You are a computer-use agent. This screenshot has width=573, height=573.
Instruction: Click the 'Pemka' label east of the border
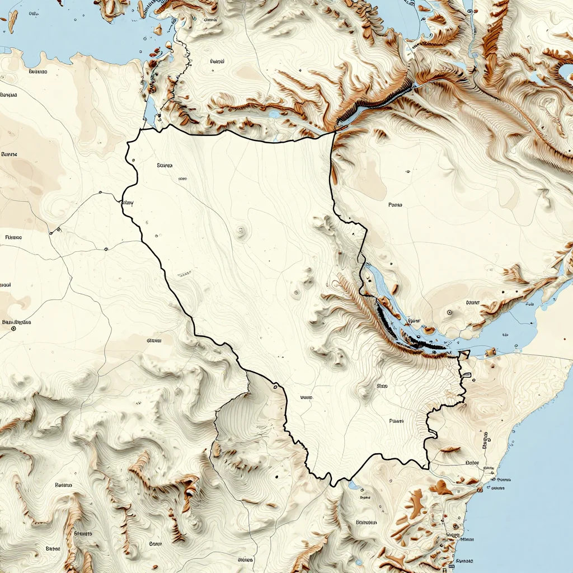[395, 205]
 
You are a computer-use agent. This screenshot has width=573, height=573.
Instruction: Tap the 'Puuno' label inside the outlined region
[396, 420]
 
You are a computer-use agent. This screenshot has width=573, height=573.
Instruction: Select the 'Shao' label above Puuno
[382, 386]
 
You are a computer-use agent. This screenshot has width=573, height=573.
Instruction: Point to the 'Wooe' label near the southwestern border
[306, 398]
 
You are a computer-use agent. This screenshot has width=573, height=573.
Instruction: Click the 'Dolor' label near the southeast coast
[473, 463]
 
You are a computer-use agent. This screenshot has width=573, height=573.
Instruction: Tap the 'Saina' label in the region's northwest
[165, 166]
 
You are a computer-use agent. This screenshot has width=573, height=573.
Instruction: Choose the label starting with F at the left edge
[13, 237]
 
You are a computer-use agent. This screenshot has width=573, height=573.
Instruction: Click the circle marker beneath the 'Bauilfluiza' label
[13, 329]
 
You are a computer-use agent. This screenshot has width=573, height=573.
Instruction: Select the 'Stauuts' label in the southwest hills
[82, 533]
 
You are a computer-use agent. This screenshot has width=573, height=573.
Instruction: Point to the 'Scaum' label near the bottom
[156, 543]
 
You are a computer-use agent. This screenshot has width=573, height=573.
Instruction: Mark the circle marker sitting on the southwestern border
[275, 386]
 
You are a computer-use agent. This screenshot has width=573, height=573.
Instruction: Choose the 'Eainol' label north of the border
[217, 62]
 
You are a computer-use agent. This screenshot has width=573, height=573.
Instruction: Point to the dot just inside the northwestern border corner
[133, 161]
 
